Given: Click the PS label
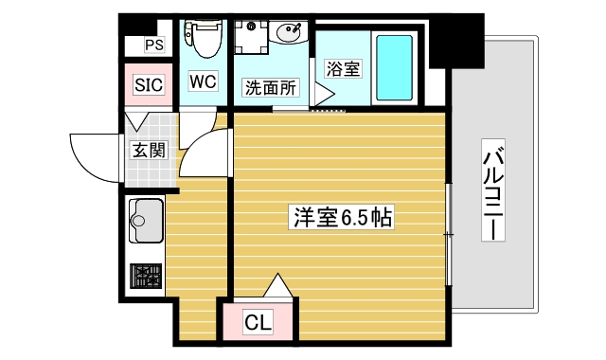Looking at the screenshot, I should (153, 44).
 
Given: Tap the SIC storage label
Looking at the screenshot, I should (149, 85).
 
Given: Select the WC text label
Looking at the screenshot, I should (203, 81).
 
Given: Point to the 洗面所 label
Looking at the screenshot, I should (271, 88).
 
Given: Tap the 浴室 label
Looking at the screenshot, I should (342, 68).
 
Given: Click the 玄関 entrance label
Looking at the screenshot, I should (148, 149).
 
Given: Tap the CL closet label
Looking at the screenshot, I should (258, 323).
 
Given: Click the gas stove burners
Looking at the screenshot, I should (146, 275).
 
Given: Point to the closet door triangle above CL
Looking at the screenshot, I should (278, 285).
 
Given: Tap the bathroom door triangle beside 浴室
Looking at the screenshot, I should (322, 92).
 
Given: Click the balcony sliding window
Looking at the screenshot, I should (449, 232).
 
